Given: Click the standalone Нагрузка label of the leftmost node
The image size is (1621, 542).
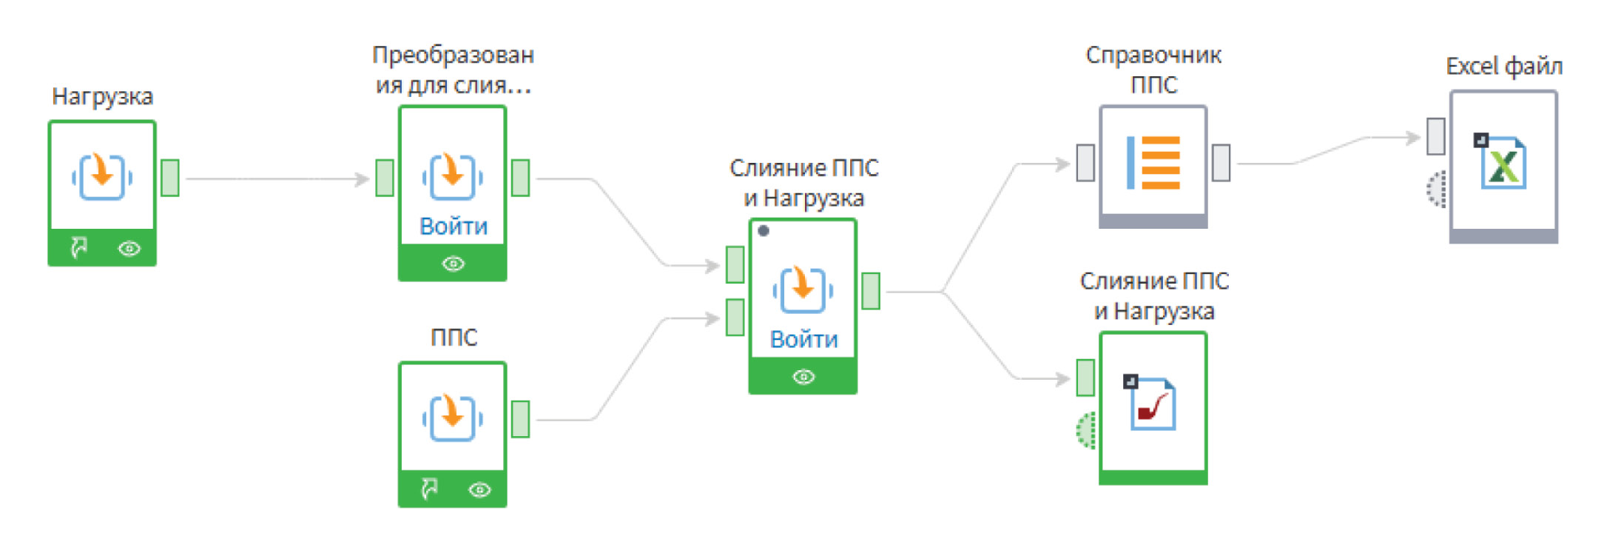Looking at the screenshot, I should pyautogui.click(x=102, y=96).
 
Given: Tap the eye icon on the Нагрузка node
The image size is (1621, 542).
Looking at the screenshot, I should pyautogui.click(x=129, y=249).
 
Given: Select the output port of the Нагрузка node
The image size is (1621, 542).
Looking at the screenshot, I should pyautogui.click(x=170, y=178).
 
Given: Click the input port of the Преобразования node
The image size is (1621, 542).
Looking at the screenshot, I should pyautogui.click(x=384, y=178).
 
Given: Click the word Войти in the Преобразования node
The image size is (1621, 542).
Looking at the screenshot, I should pyautogui.click(x=453, y=226).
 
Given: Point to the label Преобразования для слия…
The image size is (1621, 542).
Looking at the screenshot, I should pyautogui.click(x=452, y=70).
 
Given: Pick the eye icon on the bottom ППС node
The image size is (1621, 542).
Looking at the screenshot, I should pyautogui.click(x=479, y=489).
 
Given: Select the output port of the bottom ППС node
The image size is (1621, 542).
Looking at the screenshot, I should pyautogui.click(x=521, y=419).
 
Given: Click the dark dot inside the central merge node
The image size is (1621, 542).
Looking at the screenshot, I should pyautogui.click(x=764, y=230).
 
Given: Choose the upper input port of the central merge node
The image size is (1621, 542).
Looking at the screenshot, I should pyautogui.click(x=735, y=264).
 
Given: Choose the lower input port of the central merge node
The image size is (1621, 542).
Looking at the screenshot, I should pyautogui.click(x=735, y=317).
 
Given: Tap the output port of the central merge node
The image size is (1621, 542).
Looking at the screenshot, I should pyautogui.click(x=871, y=291).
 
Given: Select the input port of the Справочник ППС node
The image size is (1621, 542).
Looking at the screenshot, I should pyautogui.click(x=1085, y=163).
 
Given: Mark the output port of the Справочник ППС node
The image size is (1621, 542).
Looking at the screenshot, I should pyautogui.click(x=1221, y=163).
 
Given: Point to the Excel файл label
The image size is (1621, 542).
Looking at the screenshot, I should pyautogui.click(x=1503, y=67).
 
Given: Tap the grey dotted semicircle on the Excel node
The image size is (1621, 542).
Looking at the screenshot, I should pyautogui.click(x=1437, y=189).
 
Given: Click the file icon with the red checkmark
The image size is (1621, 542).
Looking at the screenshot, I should pyautogui.click(x=1151, y=404).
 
